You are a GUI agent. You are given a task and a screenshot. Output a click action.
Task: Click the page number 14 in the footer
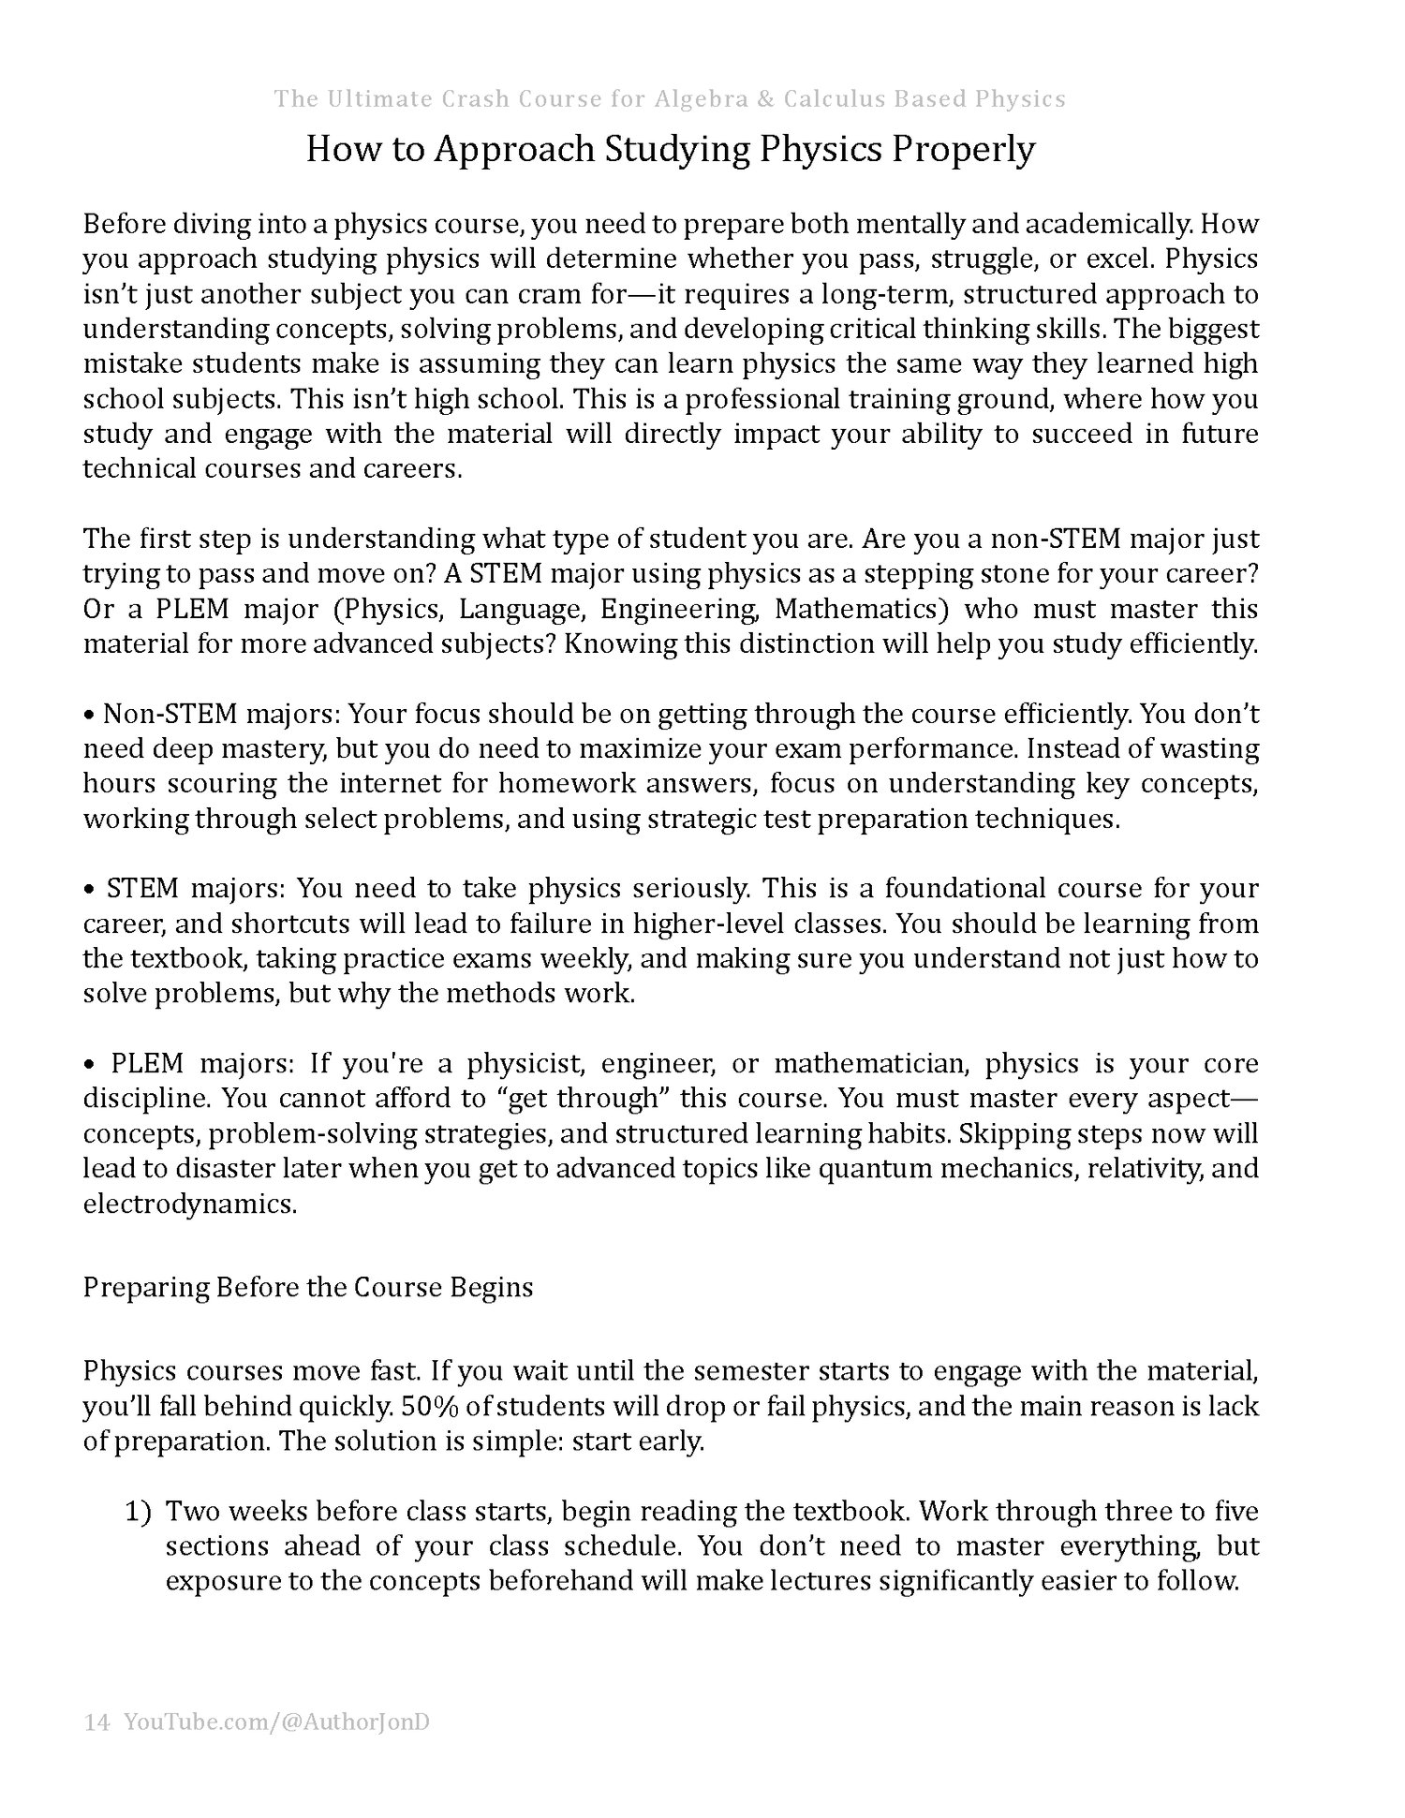96,1722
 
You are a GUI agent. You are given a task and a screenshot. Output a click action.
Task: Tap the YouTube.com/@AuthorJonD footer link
276,1722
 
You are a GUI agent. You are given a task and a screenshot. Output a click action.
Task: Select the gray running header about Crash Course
670,99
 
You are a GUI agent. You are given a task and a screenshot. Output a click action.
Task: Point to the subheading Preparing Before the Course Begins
308,1287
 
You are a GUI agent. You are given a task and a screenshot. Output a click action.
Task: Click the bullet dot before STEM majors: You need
90,889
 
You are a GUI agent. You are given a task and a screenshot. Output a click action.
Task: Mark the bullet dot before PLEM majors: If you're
90,1065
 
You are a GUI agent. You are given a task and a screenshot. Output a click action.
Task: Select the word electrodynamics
189,1205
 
